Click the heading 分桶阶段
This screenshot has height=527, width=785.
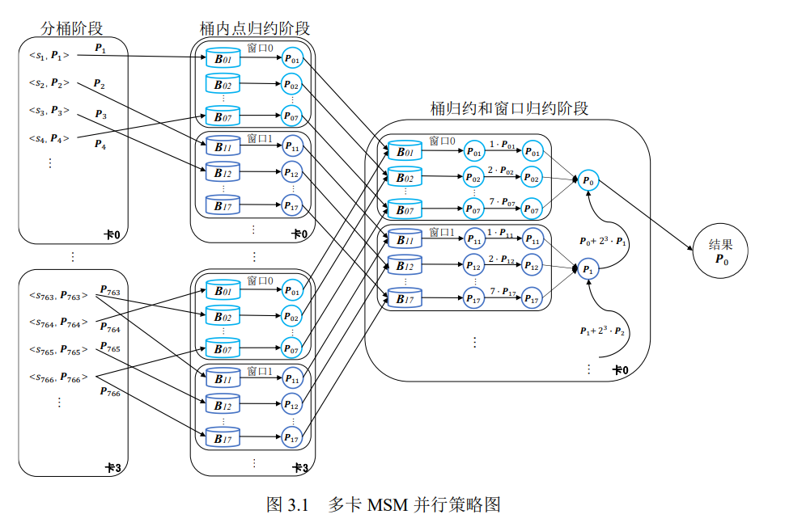point(72,28)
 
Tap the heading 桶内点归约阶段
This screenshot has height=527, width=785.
point(255,28)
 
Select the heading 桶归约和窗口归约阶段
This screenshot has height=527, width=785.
point(509,108)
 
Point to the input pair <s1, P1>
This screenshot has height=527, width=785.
point(49,55)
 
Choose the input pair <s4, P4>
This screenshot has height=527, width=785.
point(49,137)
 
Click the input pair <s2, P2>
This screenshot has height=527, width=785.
point(49,82)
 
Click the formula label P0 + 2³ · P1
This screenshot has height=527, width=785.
point(603,241)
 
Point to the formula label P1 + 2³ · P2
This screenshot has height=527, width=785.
point(603,331)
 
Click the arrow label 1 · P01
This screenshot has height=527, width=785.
point(502,145)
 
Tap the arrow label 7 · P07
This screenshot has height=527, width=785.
point(502,200)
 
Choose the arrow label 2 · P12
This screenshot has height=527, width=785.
point(502,259)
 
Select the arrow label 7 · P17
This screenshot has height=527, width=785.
point(502,291)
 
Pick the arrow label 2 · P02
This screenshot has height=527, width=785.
point(502,171)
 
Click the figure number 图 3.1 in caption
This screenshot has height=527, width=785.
point(289,505)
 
